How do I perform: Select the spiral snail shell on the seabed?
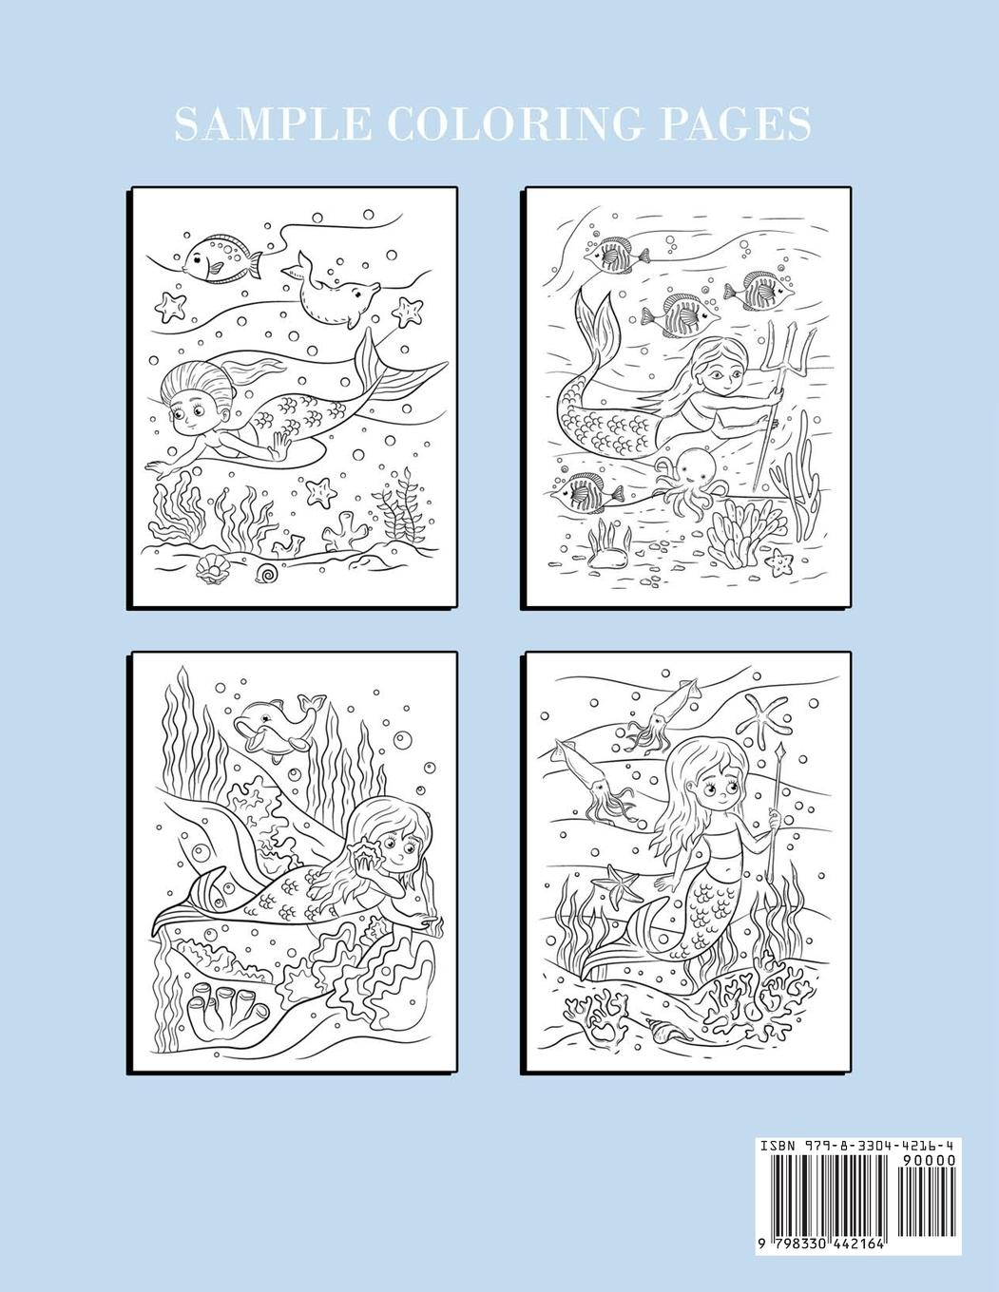(267, 572)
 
